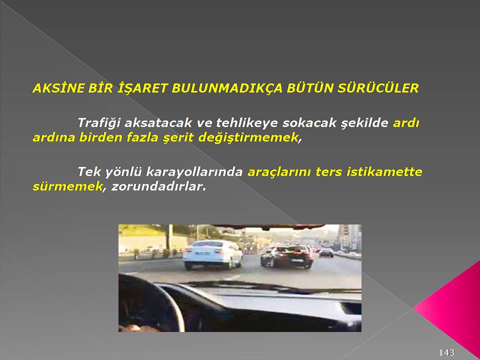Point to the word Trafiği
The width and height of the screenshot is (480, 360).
tap(99, 123)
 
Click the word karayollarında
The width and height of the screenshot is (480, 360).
tap(194, 172)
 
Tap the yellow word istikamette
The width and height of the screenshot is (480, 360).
tap(384, 171)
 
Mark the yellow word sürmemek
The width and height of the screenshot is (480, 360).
tap(67, 186)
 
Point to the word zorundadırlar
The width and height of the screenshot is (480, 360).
tap(158, 186)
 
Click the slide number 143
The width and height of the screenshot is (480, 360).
tap(446, 352)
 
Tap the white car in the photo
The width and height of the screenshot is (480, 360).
tap(212, 254)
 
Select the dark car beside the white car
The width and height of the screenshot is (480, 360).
tap(287, 257)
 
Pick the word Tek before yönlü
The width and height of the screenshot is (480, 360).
tap(89, 172)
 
